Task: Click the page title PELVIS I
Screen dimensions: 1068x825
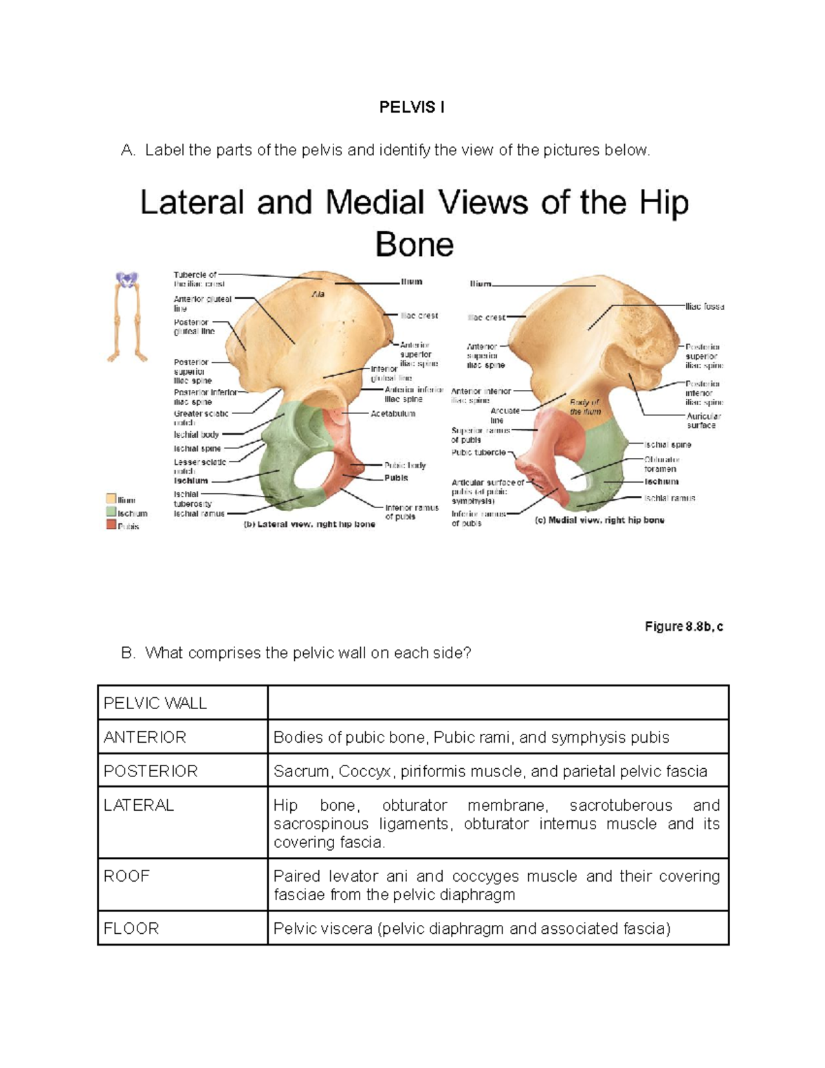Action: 412,107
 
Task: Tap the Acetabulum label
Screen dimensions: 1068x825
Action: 393,414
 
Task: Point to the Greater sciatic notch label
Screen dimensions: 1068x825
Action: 201,417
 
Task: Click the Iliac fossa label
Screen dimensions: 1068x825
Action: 705,307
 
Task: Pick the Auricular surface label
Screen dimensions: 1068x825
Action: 703,421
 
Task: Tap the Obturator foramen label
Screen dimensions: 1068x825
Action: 661,464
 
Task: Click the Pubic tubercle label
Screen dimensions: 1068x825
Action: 478,453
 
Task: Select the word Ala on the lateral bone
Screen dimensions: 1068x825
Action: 318,294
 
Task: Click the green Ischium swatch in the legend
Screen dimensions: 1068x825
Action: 111,512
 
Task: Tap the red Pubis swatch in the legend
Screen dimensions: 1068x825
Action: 111,525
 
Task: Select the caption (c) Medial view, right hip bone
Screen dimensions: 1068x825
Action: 599,521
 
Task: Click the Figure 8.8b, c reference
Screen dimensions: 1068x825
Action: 683,626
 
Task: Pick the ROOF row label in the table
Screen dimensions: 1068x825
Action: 126,876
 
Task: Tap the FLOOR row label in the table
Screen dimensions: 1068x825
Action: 131,929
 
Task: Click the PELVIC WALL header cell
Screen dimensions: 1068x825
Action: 155,704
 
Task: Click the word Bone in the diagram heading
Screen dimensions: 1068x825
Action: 415,245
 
